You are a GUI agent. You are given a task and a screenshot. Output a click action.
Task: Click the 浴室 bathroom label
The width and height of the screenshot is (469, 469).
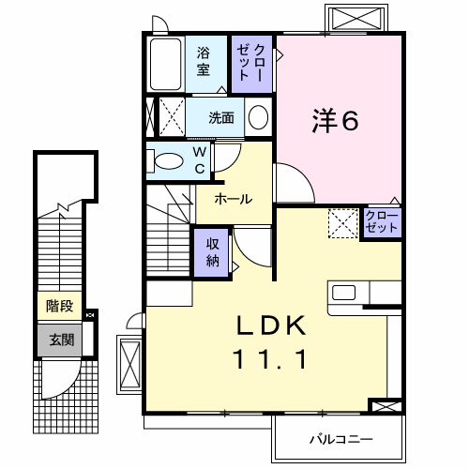click(x=204, y=62)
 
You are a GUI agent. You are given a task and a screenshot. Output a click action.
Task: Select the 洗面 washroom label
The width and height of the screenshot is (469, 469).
click(x=221, y=118)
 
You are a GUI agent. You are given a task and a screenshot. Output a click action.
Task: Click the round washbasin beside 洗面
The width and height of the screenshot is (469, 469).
click(x=259, y=117)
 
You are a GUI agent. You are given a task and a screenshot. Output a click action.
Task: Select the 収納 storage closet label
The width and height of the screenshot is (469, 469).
click(x=212, y=250)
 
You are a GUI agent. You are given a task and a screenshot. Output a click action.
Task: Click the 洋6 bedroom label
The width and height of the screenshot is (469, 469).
click(x=333, y=119)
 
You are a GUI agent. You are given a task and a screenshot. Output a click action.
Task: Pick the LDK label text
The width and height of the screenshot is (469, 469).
click(x=270, y=326)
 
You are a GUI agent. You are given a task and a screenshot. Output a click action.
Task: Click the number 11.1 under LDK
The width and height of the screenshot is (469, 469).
click(x=270, y=359)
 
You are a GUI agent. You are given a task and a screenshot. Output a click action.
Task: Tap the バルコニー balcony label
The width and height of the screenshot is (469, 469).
click(x=340, y=439)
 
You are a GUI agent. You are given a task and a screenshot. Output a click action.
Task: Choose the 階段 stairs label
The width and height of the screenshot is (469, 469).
click(x=59, y=307)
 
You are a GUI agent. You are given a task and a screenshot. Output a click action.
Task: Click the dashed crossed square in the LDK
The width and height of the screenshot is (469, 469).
click(x=341, y=222)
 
